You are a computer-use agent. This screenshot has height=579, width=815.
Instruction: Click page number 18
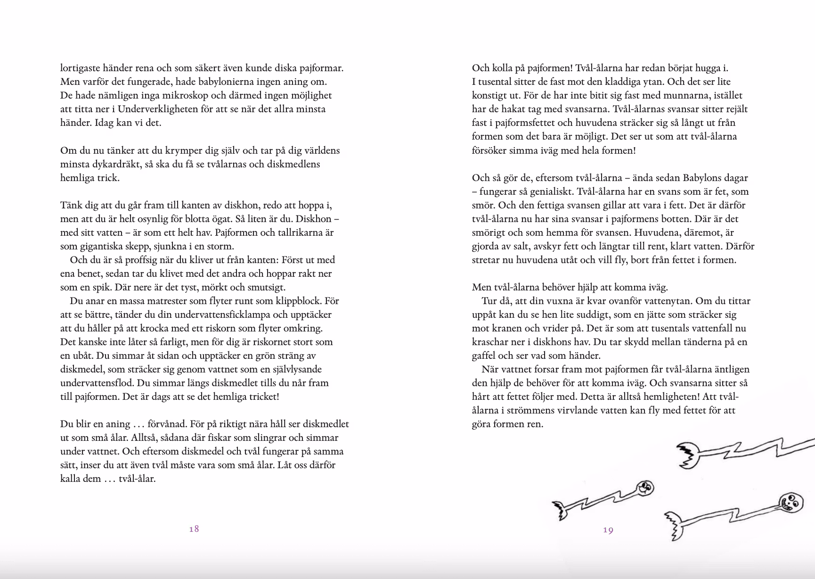[x=194, y=529]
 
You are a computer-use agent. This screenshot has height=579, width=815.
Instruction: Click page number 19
[x=608, y=530]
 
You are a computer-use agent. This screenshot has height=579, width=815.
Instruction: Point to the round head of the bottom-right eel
[x=790, y=503]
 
